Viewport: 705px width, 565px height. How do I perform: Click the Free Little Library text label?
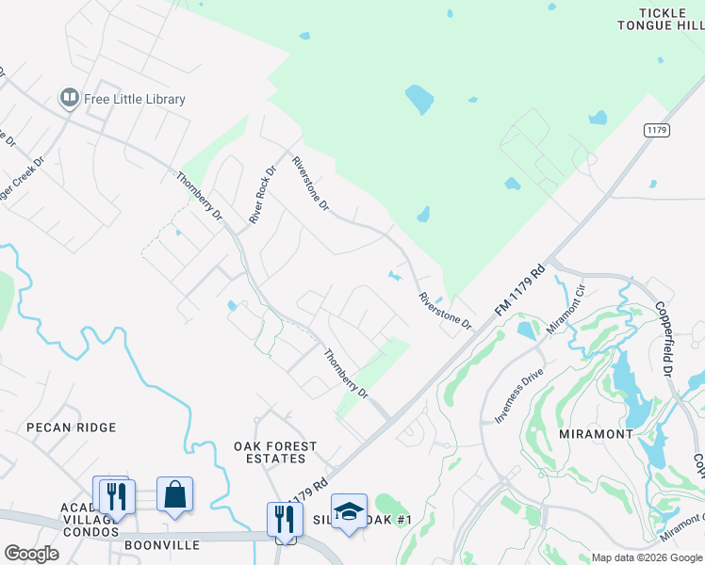tap(135, 99)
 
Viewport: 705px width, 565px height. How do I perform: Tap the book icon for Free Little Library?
tap(69, 98)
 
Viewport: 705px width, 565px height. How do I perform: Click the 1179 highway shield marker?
tap(657, 130)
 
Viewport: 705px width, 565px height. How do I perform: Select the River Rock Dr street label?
tap(262, 196)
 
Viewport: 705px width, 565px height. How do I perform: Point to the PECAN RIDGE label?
tap(72, 428)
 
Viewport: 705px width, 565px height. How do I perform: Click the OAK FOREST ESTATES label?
tap(275, 452)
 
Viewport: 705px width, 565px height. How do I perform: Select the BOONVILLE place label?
tap(161, 545)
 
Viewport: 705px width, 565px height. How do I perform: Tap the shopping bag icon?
tap(175, 493)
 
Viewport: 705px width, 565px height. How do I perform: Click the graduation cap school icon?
tap(349, 510)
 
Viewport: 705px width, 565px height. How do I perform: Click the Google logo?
tap(31, 554)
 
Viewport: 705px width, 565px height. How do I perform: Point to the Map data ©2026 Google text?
tap(647, 557)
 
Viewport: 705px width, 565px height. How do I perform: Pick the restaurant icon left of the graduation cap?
tap(285, 517)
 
